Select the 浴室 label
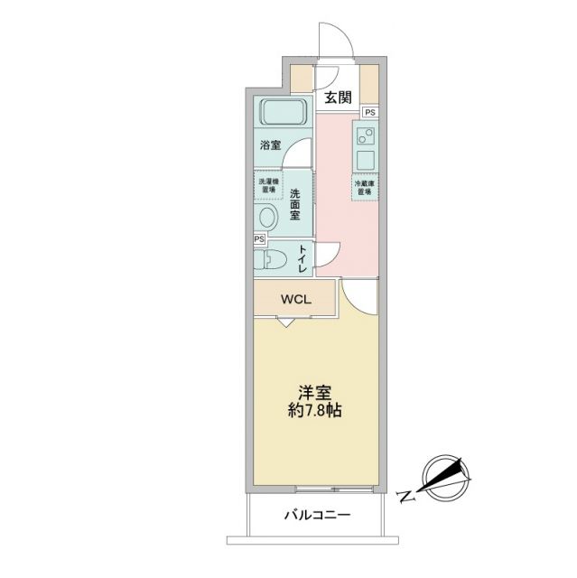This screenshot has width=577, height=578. tap(270, 144)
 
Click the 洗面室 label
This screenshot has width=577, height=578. tap(297, 205)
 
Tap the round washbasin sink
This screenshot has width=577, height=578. tap(268, 218)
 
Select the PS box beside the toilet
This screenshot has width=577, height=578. tap(259, 239)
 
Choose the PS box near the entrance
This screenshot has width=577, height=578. tap(370, 111)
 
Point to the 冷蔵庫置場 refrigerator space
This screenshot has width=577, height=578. tap(365, 187)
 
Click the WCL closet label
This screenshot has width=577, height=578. tap(294, 299)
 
